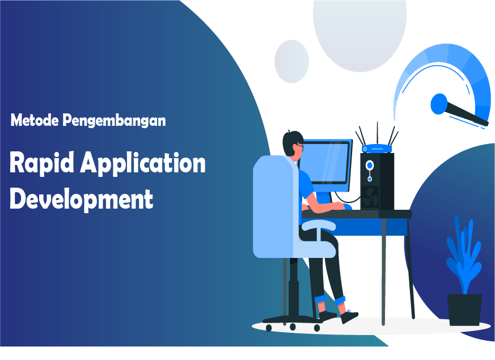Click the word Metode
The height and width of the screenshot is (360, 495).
click(x=35, y=120)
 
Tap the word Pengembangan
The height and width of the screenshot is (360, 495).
click(x=114, y=121)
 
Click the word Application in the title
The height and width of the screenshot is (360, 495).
click(x=143, y=163)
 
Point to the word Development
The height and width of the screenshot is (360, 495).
click(x=82, y=199)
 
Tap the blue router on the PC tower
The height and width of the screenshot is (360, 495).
click(x=377, y=149)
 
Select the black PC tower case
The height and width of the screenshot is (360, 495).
click(x=377, y=182)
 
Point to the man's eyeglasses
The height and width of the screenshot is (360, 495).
click(x=300, y=146)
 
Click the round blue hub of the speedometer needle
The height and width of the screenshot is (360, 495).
click(x=439, y=104)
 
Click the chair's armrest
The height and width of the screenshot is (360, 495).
click(x=319, y=225)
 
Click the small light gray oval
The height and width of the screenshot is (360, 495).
click(x=291, y=62)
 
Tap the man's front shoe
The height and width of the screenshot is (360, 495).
click(x=349, y=316)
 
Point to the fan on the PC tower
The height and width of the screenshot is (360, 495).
click(x=370, y=197)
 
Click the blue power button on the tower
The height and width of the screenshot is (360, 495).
click(x=369, y=165)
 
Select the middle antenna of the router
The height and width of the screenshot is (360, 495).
click(x=377, y=133)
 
